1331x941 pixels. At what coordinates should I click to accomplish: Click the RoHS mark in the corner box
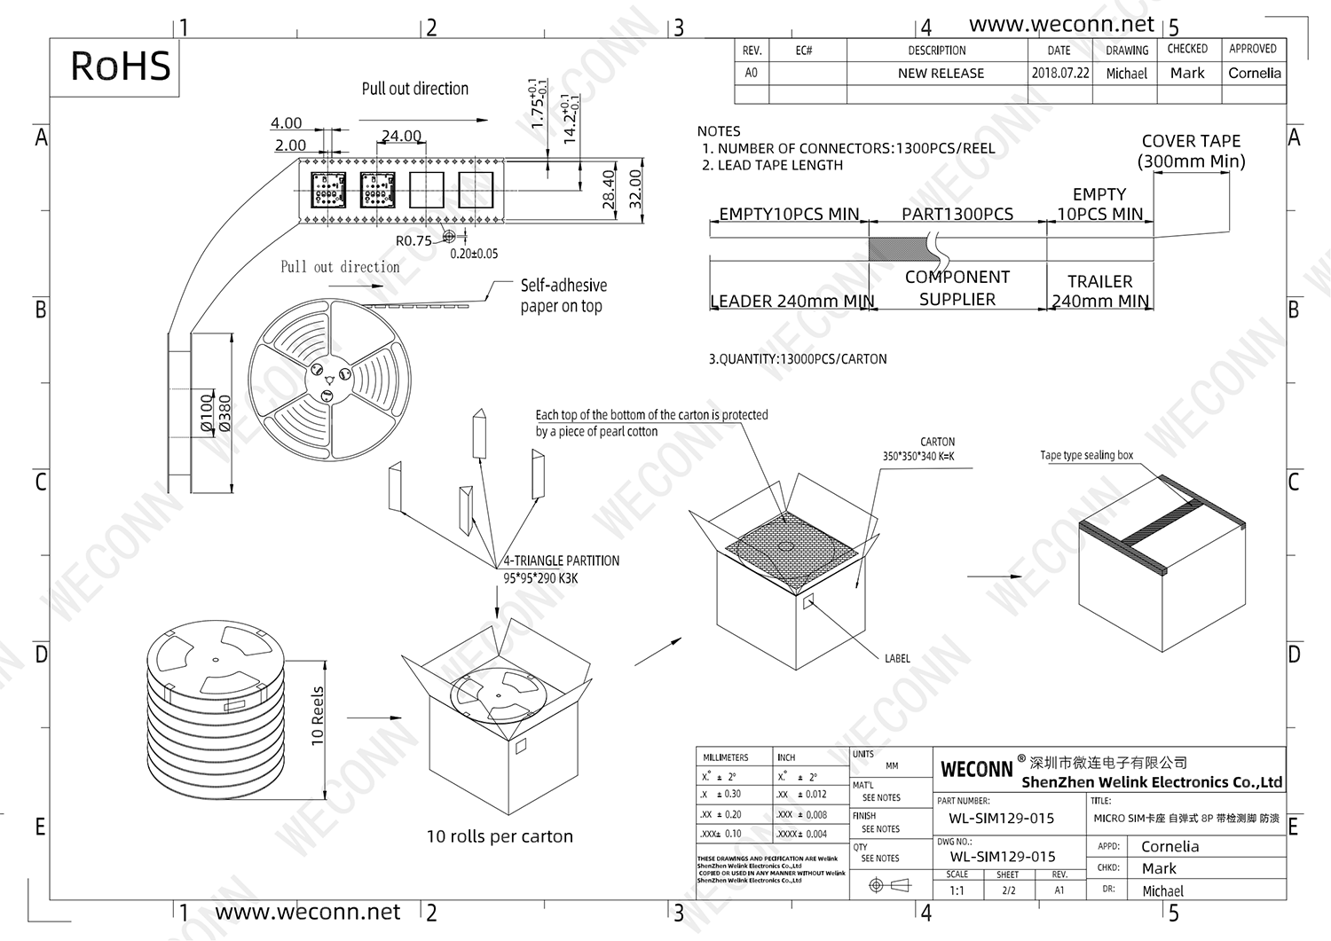120,67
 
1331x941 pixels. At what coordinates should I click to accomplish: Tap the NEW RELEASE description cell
941,74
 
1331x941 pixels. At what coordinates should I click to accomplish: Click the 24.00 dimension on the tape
401,137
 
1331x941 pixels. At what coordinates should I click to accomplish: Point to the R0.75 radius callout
413,241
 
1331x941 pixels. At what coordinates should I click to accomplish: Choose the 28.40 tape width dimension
609,189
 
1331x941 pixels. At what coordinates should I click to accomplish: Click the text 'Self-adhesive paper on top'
563,295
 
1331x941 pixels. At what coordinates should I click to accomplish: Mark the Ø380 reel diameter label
224,413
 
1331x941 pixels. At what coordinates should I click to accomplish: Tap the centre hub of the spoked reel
329,380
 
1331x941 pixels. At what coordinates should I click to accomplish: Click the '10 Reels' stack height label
318,717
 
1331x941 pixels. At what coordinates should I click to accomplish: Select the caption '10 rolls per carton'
500,836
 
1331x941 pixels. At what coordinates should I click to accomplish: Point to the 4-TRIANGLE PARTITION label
562,561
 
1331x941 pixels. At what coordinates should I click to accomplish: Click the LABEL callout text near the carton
897,659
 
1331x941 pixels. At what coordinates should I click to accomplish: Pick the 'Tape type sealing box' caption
1086,456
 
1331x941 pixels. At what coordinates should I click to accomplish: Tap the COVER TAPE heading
1191,142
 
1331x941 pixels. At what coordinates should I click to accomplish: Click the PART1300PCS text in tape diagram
957,215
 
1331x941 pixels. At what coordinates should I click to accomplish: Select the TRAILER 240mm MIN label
1099,291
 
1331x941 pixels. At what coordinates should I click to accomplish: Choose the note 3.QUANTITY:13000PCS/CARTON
797,359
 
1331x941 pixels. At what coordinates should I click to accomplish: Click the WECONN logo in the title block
976,769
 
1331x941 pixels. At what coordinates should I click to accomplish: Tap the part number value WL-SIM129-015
1001,819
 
